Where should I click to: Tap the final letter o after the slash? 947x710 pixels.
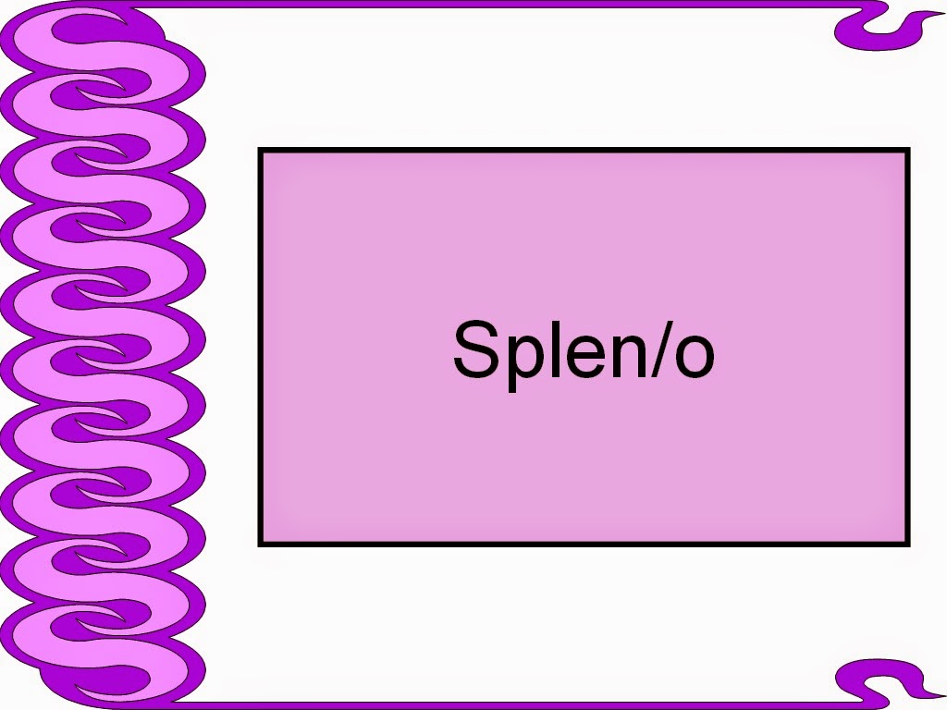point(694,356)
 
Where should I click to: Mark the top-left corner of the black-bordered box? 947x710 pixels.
point(261,151)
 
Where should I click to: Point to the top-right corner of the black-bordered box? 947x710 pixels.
point(907,151)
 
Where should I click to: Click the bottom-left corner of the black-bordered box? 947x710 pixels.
point(261,543)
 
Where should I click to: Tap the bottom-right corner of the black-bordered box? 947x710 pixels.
point(907,543)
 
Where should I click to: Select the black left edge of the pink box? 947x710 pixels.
point(261,347)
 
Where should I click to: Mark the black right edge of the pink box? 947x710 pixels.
point(907,347)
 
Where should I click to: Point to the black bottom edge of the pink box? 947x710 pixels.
point(583,543)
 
